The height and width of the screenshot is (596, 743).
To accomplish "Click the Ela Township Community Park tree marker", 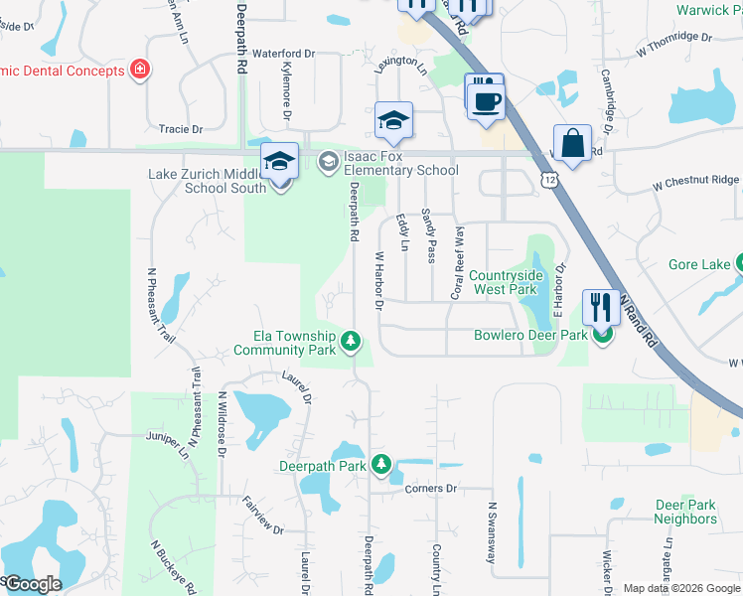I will point(350,342).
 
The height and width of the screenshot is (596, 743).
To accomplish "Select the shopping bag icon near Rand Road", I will point(573,144).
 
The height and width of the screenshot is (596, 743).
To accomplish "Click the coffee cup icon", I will point(486,102).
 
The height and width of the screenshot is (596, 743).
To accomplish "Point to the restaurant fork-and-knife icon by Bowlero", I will point(601,307).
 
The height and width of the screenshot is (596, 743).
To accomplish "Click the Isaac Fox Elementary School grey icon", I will point(329,161).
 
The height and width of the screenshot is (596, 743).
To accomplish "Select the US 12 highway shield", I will point(549,179).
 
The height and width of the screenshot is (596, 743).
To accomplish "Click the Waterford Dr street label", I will point(283,53).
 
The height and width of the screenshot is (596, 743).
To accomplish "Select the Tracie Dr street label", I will point(180,129).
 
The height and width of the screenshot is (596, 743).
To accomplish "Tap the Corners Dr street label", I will point(430,489).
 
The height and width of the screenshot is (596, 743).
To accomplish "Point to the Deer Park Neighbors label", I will point(685,512).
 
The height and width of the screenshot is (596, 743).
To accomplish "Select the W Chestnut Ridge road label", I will point(695,181).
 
